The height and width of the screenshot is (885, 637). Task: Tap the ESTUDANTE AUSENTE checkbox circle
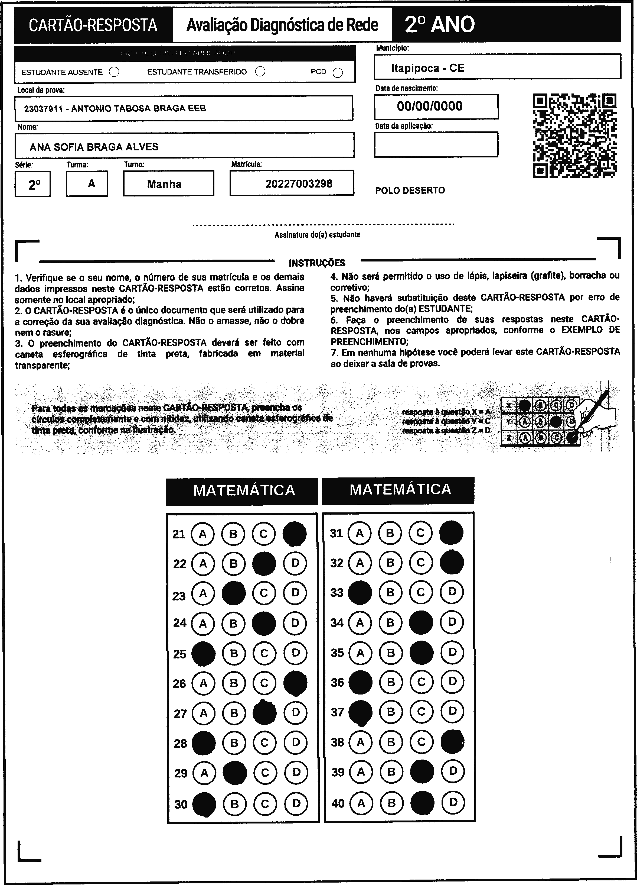pyautogui.click(x=114, y=72)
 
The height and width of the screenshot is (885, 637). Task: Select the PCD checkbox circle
pyautogui.click(x=338, y=73)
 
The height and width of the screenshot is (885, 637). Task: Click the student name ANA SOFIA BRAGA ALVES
pyautogui.click(x=94, y=147)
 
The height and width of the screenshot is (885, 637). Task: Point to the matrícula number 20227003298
pyautogui.click(x=299, y=184)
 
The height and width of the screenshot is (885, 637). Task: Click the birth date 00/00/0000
pyautogui.click(x=430, y=106)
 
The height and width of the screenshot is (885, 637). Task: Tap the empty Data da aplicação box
pyautogui.click(x=436, y=144)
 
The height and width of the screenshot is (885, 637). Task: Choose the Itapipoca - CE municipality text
pyautogui.click(x=428, y=68)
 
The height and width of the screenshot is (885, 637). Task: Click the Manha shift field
pyautogui.click(x=164, y=184)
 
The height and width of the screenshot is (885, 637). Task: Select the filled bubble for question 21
pyautogui.click(x=294, y=534)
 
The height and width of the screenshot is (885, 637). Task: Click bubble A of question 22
pyautogui.click(x=203, y=563)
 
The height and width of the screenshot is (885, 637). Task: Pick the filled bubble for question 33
pyautogui.click(x=360, y=592)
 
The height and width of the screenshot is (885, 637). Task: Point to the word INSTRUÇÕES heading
pyautogui.click(x=317, y=263)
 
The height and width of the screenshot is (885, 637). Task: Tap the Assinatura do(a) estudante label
pyautogui.click(x=317, y=235)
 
